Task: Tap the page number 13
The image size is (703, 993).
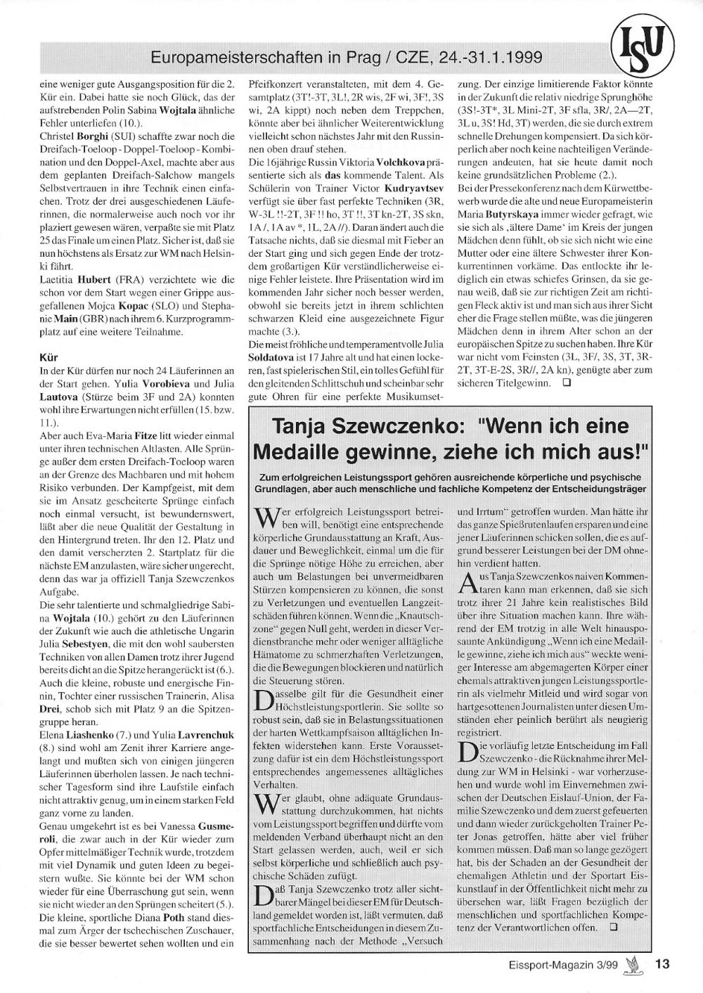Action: [662, 965]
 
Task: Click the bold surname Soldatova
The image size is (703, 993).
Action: [274, 357]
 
